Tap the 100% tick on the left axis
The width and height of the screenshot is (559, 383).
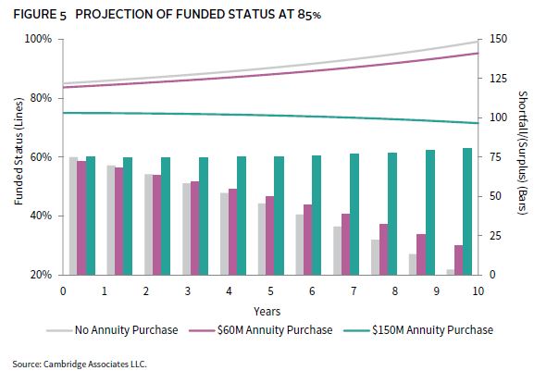tap(38, 39)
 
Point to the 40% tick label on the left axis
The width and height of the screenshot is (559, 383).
tap(40, 216)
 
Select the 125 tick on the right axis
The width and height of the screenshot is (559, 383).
tap(498, 79)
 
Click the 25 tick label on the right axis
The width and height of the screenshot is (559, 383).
tap(495, 236)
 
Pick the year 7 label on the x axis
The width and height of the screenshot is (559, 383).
tap(354, 291)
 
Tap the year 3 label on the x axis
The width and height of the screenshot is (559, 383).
tap(188, 291)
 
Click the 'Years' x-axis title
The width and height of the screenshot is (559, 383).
tap(267, 312)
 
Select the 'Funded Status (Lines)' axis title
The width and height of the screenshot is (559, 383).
tap(19, 152)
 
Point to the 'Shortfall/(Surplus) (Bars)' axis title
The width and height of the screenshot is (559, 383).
tap(522, 153)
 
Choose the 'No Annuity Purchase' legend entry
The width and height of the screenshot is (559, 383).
tap(112, 330)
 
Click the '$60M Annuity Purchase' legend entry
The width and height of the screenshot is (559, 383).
tap(261, 330)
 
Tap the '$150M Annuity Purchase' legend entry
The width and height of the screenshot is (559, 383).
tap(418, 330)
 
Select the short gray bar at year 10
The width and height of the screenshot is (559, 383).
tap(451, 272)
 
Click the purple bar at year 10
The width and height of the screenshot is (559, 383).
tap(459, 260)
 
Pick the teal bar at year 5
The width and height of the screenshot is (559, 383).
tap(279, 216)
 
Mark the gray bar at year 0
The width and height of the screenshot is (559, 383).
tap(73, 216)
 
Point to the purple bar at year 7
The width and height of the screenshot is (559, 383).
tap(346, 244)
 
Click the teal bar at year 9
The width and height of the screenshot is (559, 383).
tap(430, 213)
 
